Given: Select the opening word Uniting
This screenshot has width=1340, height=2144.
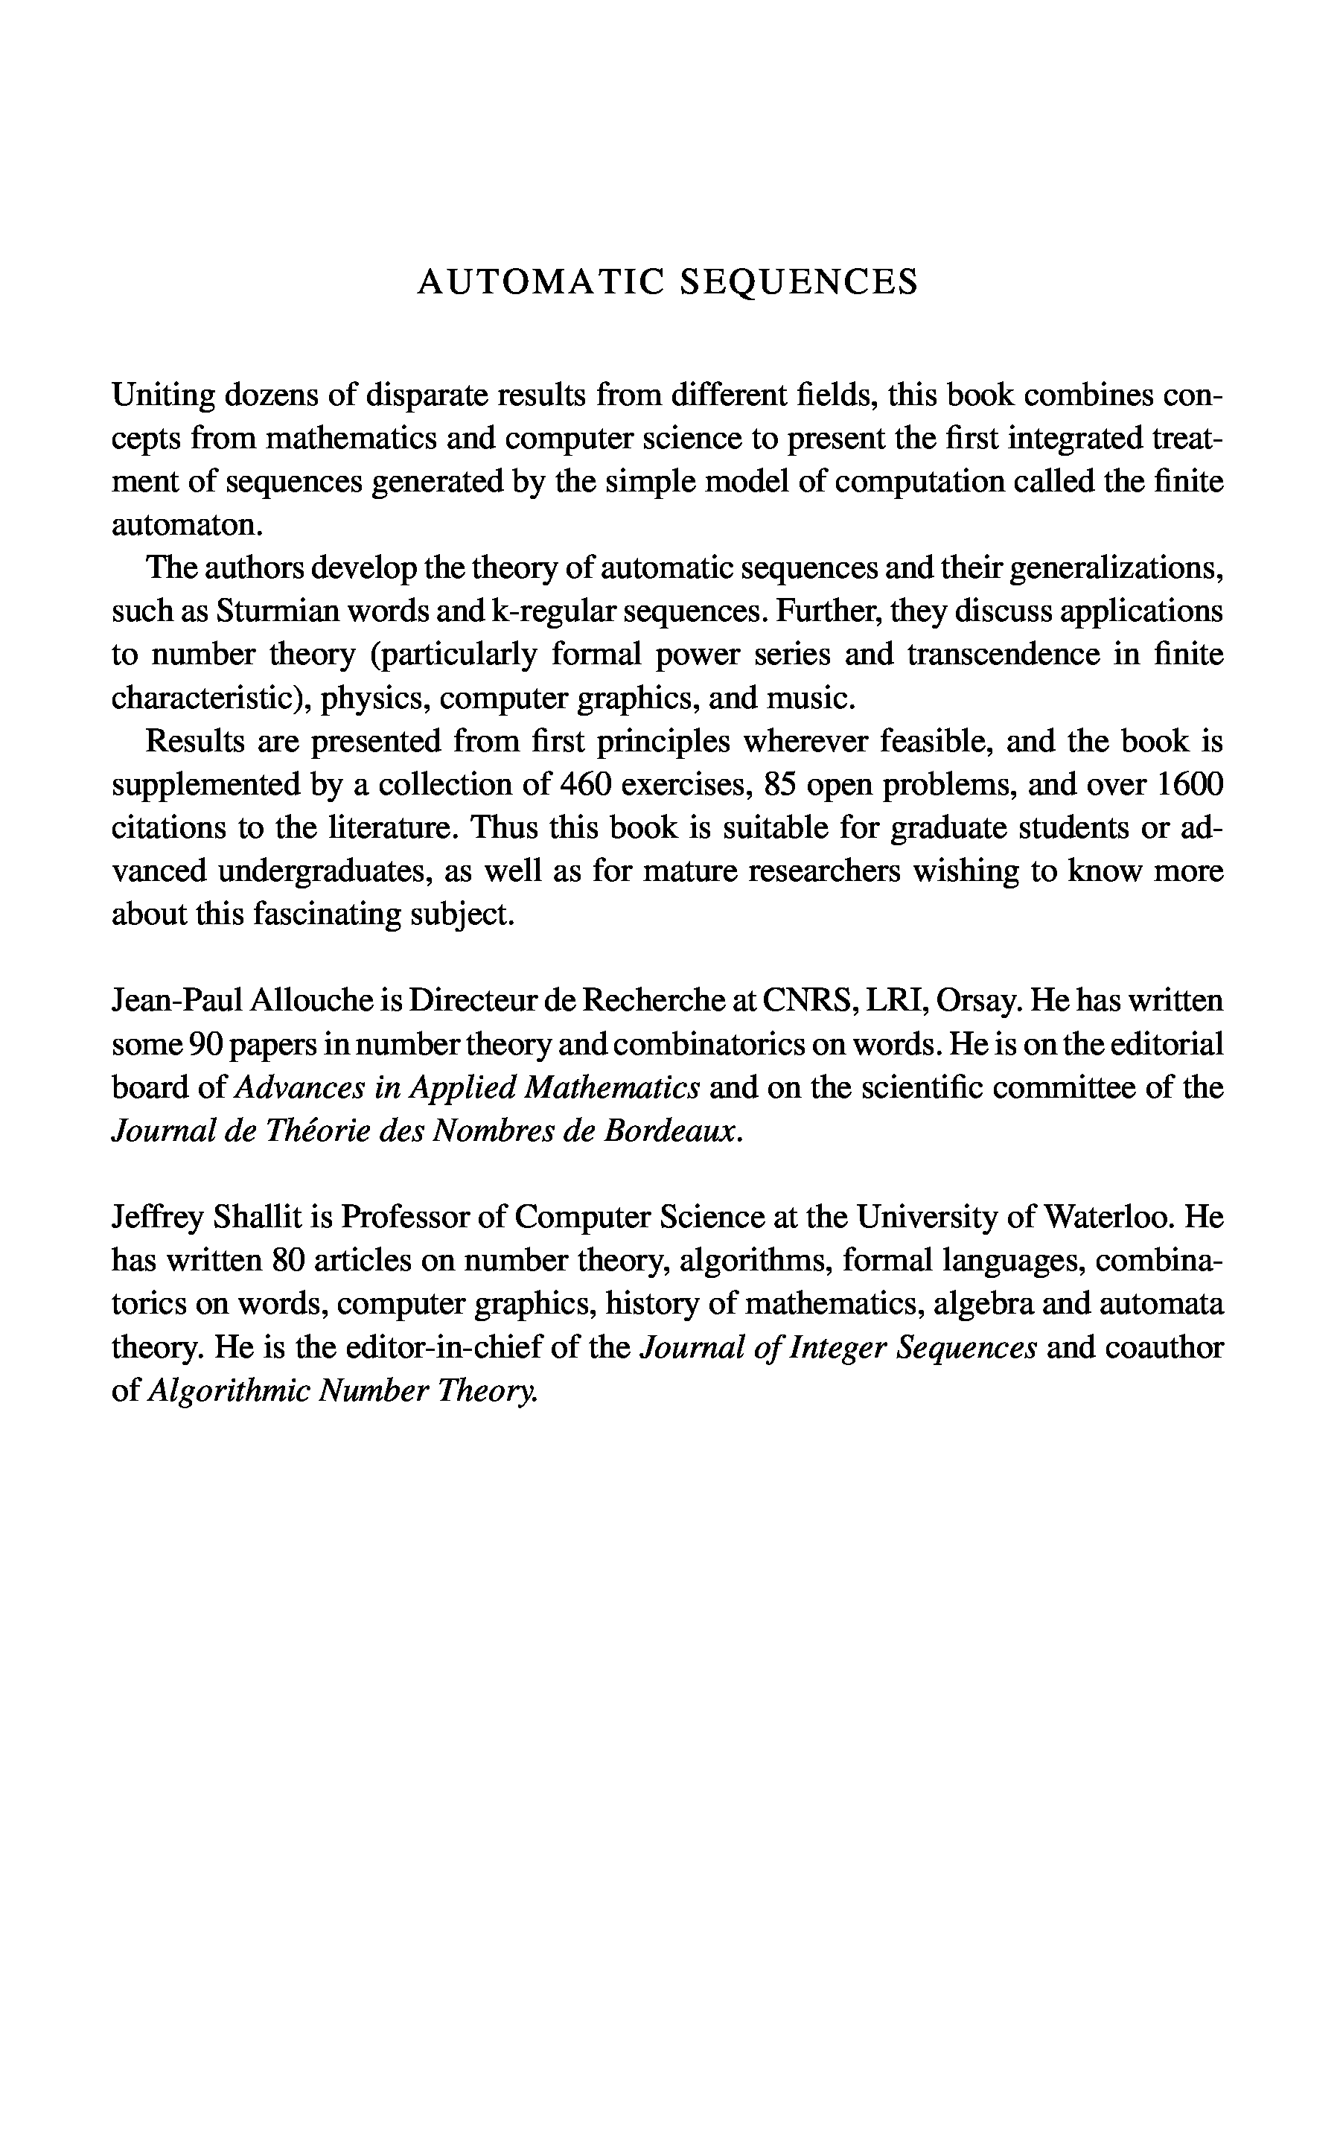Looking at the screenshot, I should click(x=162, y=395).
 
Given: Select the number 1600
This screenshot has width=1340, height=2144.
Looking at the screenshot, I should click(x=1187, y=785).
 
